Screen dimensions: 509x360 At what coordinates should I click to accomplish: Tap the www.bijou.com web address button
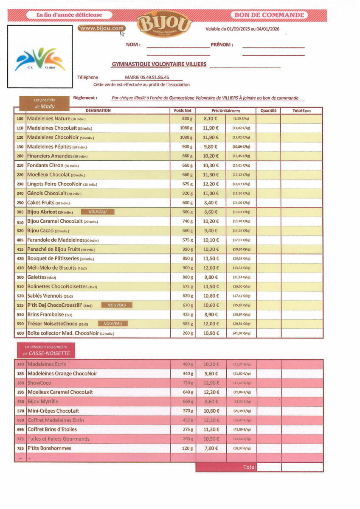(x=102, y=28)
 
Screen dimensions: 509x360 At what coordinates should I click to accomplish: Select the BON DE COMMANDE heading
(x=270, y=15)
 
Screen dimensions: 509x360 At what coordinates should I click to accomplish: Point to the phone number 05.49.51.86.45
(x=147, y=78)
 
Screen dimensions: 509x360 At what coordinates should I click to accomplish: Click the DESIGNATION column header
(x=98, y=110)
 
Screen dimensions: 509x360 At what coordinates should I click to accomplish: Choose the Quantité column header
(x=268, y=110)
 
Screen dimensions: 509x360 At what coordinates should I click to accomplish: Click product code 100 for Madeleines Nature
(x=20, y=119)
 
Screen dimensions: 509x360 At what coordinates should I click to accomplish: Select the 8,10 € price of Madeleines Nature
(x=211, y=119)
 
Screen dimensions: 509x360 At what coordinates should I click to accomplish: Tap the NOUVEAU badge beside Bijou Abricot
(x=97, y=212)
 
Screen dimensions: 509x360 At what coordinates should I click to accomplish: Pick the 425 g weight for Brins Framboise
(x=187, y=315)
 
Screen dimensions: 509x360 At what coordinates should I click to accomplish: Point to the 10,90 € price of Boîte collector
(x=211, y=333)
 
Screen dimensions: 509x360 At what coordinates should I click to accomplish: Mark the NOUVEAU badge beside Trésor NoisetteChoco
(x=112, y=324)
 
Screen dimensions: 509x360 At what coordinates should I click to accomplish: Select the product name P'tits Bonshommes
(x=49, y=448)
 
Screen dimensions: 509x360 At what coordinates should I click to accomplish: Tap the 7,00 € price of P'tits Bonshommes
(x=211, y=448)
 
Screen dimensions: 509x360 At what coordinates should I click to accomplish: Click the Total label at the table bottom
(x=249, y=467)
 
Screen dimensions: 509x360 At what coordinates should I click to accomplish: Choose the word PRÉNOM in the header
(x=222, y=45)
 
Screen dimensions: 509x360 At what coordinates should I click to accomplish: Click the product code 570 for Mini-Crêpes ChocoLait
(x=20, y=411)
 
